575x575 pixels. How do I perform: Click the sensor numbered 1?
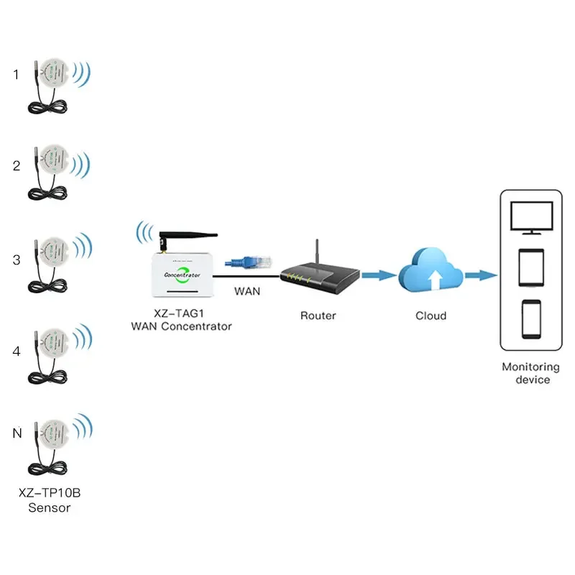[x=50, y=74]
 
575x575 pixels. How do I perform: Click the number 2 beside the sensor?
[x=17, y=165]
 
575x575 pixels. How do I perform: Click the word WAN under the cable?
[x=247, y=292]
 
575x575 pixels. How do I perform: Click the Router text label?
[x=318, y=315]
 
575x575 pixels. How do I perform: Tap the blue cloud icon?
[x=431, y=272]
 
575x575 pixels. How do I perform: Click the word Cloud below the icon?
[x=431, y=315]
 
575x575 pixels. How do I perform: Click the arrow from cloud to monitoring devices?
[x=481, y=275]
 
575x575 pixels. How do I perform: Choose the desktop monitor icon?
[x=530, y=217]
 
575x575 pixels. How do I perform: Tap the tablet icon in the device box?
[x=530, y=267]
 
